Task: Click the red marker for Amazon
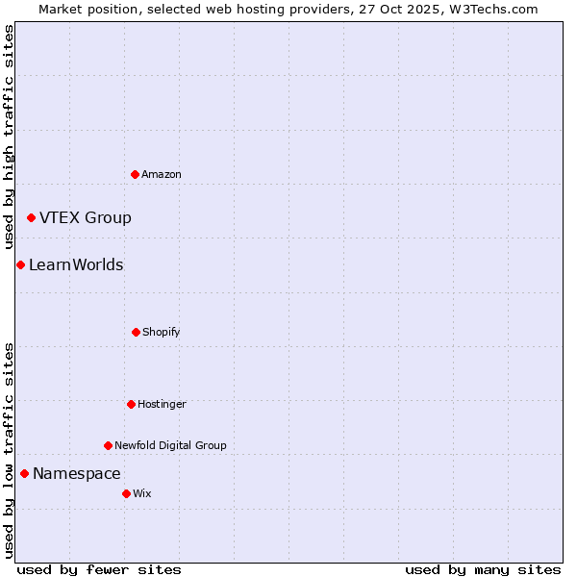pyautogui.click(x=135, y=174)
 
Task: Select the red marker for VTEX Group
pyautogui.click(x=31, y=218)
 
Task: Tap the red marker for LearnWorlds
pyautogui.click(x=20, y=264)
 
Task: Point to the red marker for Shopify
pyautogui.click(x=136, y=332)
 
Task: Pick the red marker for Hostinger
pyautogui.click(x=131, y=404)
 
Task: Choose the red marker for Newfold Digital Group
pyautogui.click(x=108, y=445)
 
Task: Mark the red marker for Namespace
pyautogui.click(x=24, y=473)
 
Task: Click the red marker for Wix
pyautogui.click(x=126, y=493)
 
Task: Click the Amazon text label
pyautogui.click(x=162, y=174)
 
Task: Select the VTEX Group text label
pyautogui.click(x=86, y=217)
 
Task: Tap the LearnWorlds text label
pyautogui.click(x=76, y=264)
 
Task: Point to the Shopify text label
pyautogui.click(x=162, y=332)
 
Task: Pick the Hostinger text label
pyautogui.click(x=162, y=404)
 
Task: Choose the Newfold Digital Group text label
pyautogui.click(x=170, y=445)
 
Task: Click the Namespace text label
pyautogui.click(x=77, y=473)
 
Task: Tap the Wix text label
pyautogui.click(x=142, y=493)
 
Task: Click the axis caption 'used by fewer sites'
pyautogui.click(x=99, y=569)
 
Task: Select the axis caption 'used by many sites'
pyautogui.click(x=483, y=569)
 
